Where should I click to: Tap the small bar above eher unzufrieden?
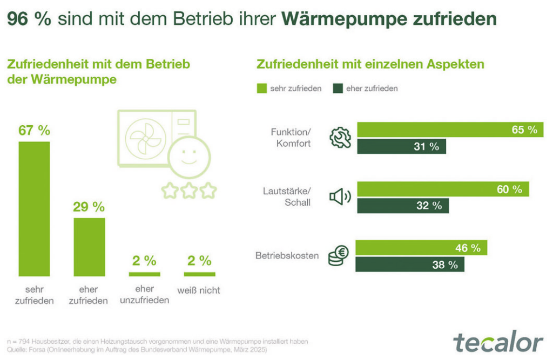tap(144, 274)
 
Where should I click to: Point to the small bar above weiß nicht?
tap(199, 274)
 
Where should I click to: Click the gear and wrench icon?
tap(340, 138)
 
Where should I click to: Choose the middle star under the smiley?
tap(188, 191)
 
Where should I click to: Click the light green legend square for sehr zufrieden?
tap(262, 88)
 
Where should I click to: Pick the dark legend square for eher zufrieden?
tap(338, 88)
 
